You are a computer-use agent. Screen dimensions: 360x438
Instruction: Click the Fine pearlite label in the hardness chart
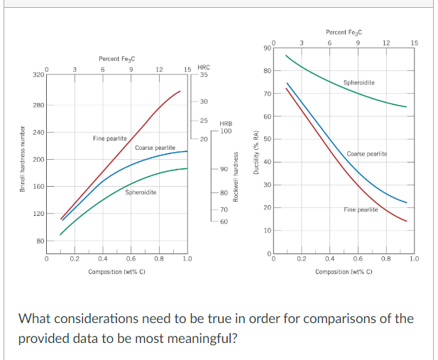click(110, 138)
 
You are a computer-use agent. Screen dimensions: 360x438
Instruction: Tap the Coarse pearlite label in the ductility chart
click(366, 154)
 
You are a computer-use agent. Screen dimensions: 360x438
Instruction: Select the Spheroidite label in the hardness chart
click(141, 192)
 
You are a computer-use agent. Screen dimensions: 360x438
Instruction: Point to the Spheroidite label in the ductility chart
click(359, 83)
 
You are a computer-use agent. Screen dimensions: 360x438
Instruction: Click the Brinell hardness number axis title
click(22, 157)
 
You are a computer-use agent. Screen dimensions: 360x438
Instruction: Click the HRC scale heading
click(203, 67)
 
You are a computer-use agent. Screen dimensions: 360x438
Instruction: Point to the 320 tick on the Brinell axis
click(39, 74)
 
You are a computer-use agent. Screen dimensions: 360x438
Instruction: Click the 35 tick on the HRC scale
click(204, 75)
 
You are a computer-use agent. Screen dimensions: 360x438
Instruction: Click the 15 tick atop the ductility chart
click(415, 43)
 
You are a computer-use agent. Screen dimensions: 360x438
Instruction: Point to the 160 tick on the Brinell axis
click(39, 187)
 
